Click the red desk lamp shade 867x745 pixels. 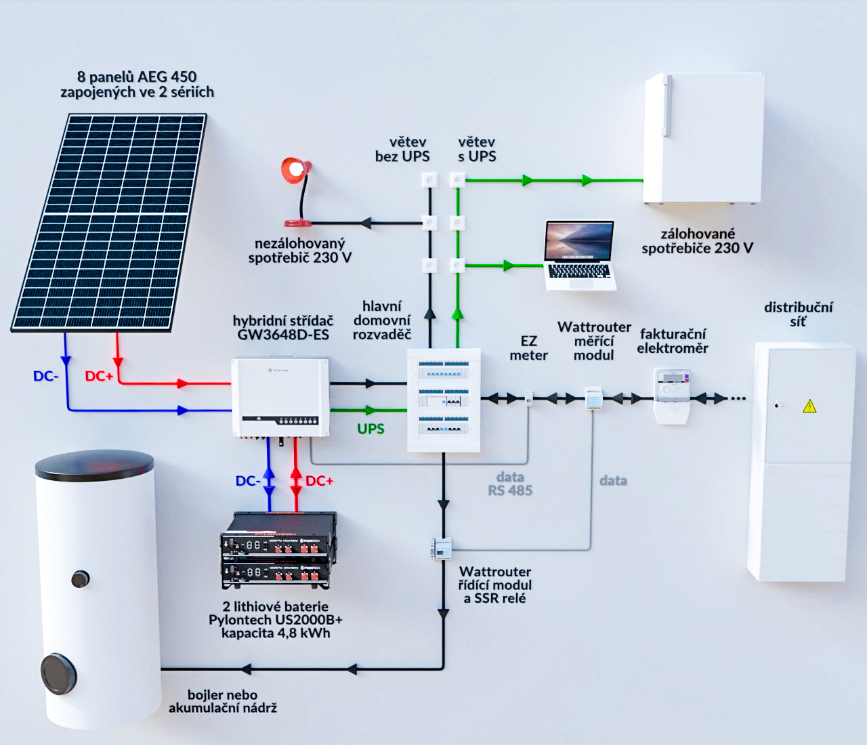pos(296,170)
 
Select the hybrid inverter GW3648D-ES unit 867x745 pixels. pos(280,398)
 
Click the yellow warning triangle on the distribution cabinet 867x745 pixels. pos(809,406)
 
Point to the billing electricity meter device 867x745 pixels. pos(672,396)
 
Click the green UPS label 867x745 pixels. pos(371,429)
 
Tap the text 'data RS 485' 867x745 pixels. pos(510,484)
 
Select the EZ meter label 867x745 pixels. pos(528,348)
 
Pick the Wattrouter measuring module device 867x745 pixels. pos(593,398)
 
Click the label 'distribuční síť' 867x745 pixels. pos(798,314)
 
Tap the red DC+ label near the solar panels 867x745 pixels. pos(99,376)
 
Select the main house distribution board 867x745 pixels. pos(443,400)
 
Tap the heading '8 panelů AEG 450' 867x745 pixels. pos(137,77)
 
